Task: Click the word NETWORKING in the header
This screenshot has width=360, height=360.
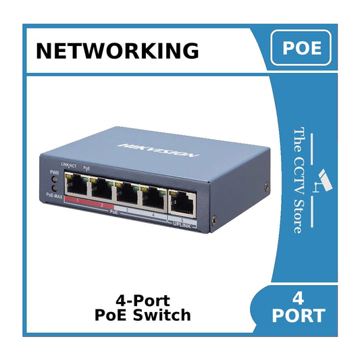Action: click(x=117, y=51)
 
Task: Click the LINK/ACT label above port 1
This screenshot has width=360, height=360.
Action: click(x=68, y=165)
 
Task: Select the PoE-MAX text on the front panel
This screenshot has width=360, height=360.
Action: click(x=55, y=195)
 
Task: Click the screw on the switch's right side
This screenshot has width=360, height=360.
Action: click(x=214, y=221)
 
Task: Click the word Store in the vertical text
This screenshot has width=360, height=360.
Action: click(x=298, y=215)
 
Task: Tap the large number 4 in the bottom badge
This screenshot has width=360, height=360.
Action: click(x=299, y=297)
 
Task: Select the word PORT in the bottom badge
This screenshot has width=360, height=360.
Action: click(x=299, y=315)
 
